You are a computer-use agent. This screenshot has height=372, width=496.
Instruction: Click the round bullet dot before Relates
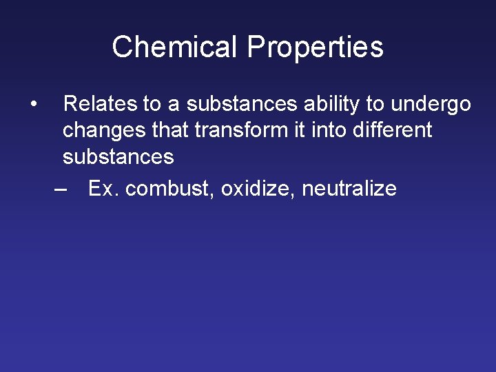pos(33,105)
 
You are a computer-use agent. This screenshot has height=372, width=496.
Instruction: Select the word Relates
pos(100,104)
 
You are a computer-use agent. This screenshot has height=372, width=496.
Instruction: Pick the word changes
pos(101,131)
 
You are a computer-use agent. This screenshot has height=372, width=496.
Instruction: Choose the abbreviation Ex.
pos(104,189)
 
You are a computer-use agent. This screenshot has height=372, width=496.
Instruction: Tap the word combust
pos(170,189)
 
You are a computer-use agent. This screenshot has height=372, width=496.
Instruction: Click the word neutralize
pos(349,189)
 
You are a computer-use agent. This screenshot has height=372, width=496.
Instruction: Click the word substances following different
pos(118,157)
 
